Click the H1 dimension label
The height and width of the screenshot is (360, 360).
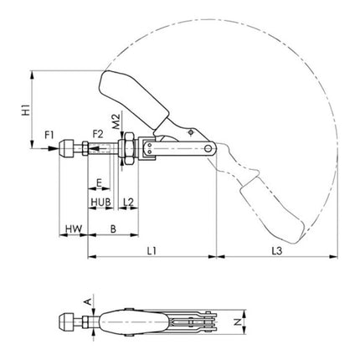(25, 109)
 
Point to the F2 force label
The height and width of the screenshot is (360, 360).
(96, 133)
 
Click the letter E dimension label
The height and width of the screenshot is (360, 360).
(99, 182)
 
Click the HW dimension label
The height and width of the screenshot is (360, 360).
(73, 229)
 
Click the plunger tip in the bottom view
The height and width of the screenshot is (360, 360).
(67, 321)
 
